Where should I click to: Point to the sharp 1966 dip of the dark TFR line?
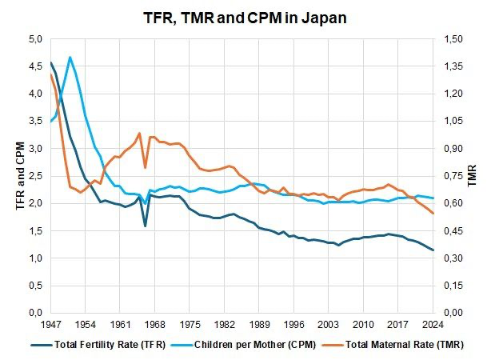coord(145,226)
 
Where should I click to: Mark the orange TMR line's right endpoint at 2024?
coord(433,213)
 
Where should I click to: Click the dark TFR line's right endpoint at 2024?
coord(433,250)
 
